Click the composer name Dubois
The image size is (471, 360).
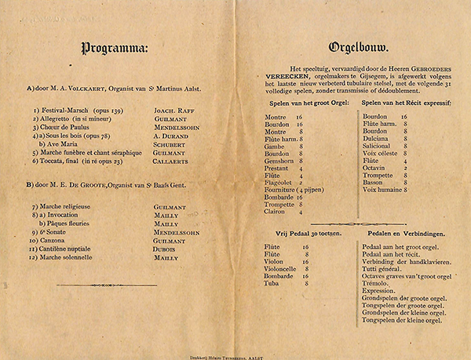[166, 248]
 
